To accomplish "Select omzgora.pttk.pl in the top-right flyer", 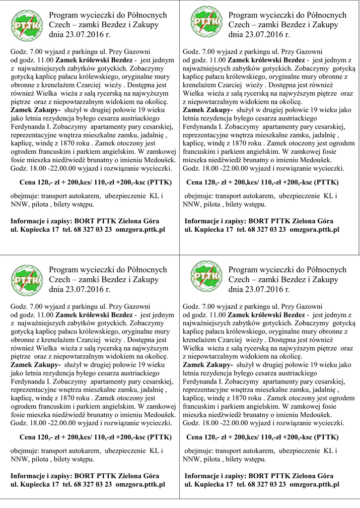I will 314,229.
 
